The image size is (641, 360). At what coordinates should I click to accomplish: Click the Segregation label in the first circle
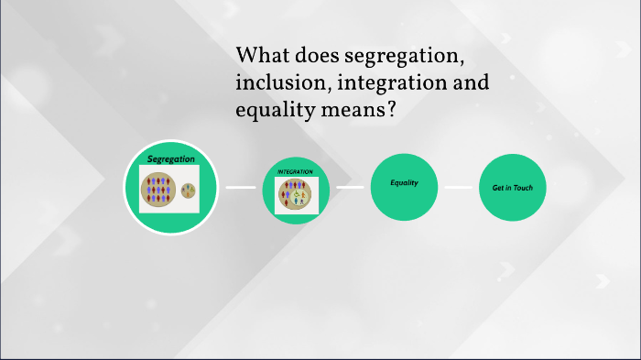pos(171,159)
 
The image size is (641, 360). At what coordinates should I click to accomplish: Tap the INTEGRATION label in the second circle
pos(295,171)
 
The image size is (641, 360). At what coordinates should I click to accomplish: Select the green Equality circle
pos(404,188)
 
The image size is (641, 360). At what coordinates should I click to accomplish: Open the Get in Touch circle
pos(512,188)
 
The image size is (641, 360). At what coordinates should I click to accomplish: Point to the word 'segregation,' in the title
pos(403,56)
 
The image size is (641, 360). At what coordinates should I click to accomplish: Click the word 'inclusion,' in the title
pos(278,83)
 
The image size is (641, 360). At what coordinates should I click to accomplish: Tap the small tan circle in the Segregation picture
pos(188,191)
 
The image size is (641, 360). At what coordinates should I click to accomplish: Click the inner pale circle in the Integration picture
pos(298,195)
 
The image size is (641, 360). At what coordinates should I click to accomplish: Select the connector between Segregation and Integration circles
pos(241,188)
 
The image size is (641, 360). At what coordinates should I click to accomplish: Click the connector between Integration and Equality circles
pos(350,188)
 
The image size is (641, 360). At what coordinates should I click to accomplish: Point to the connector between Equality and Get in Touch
pos(458,188)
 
